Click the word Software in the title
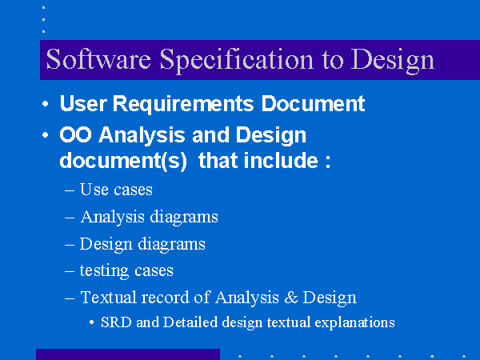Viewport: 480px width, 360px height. (x=98, y=59)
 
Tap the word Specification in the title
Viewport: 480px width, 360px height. (x=237, y=61)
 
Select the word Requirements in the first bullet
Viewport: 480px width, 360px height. (x=183, y=104)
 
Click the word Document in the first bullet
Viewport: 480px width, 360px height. (x=313, y=103)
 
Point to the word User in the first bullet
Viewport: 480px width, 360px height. (x=83, y=103)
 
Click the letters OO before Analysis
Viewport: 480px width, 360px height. (x=76, y=134)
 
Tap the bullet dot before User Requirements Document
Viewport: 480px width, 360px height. (x=46, y=104)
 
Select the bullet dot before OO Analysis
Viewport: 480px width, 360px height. (x=46, y=134)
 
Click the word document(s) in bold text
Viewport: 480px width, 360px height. (x=123, y=161)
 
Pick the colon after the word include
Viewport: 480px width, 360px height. (x=328, y=162)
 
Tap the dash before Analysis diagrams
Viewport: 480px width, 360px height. (x=70, y=218)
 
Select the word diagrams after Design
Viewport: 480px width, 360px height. (x=171, y=245)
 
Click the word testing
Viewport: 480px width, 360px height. (x=104, y=271)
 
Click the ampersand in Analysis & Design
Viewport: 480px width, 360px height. (x=291, y=298)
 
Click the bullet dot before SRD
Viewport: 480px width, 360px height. (x=91, y=322)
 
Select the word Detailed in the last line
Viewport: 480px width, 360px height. (x=190, y=322)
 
